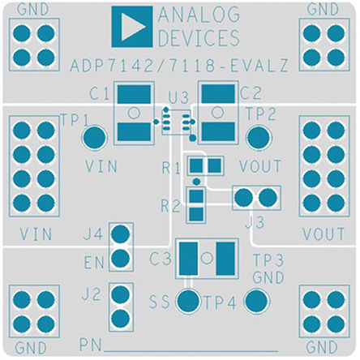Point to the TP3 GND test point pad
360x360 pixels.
[258, 303]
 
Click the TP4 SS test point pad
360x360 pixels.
[188, 302]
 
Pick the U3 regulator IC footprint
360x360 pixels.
[175, 122]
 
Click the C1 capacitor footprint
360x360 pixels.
[134, 114]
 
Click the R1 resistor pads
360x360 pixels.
[204, 166]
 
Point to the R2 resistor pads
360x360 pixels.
[195, 204]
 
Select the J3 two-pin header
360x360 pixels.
[256, 198]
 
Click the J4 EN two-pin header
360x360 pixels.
[120, 248]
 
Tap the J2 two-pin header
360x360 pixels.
[120, 306]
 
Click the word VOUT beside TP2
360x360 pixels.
[260, 167]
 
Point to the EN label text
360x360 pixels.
[95, 264]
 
